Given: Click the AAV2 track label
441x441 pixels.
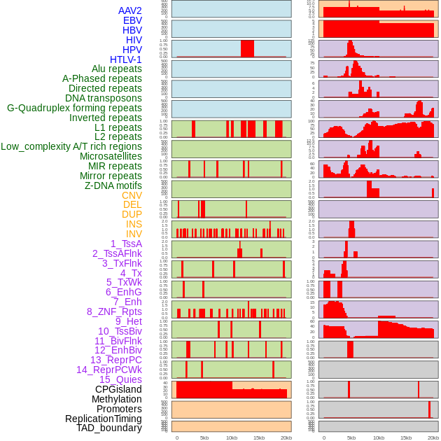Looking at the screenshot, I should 129,10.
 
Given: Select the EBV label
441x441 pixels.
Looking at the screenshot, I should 132,20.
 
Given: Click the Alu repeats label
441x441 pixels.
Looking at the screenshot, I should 116,69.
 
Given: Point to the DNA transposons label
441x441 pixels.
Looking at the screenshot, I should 103,98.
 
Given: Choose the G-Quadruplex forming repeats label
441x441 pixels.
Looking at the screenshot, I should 74,108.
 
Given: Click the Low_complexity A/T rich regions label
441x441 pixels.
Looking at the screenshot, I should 71,146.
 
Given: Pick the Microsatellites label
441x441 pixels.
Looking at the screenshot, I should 111,156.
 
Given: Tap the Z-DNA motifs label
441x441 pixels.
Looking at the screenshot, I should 113,185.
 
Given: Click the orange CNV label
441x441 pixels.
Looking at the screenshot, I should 132,195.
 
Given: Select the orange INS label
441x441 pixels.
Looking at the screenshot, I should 133,224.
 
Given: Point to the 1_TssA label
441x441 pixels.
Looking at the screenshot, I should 126,244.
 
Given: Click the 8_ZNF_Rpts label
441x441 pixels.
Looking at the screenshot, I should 114,311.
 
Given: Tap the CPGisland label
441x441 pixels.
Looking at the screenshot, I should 118,389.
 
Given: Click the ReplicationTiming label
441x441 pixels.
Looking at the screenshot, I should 103,419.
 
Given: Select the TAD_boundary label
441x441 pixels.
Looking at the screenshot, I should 108,428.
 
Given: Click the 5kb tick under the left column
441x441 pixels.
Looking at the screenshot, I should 204,437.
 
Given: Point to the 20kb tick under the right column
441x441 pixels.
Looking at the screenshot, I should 433,437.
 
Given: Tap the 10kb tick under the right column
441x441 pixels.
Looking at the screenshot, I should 378,437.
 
